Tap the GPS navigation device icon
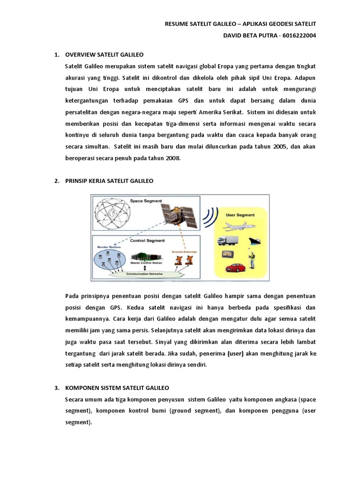click(x=228, y=255)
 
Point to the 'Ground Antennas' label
click(x=187, y=251)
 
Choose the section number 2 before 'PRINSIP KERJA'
click(x=56, y=180)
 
